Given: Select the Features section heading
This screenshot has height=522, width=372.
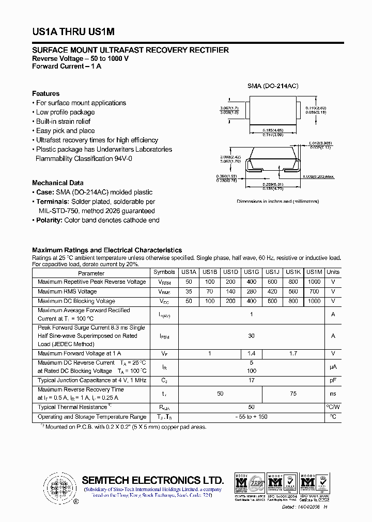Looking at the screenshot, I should pyautogui.click(x=45, y=93).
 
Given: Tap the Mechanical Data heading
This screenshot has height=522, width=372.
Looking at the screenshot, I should pyautogui.click(x=57, y=183).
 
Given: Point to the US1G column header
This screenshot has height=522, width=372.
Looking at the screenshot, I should pyautogui.click(x=251, y=272).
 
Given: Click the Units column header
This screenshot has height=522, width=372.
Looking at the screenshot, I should pyautogui.click(x=333, y=272).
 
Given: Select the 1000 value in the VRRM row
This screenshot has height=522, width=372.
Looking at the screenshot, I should pyautogui.click(x=314, y=282).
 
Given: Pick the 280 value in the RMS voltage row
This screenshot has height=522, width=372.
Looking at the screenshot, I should pyautogui.click(x=251, y=291).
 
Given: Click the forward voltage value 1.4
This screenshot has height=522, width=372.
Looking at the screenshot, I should pyautogui.click(x=251, y=353).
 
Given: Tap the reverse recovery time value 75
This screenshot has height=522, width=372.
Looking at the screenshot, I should pyautogui.click(x=293, y=394).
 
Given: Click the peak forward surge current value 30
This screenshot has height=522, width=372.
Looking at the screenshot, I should pyautogui.click(x=251, y=336).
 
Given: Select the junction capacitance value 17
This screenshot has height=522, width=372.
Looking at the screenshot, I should pyautogui.click(x=251, y=380).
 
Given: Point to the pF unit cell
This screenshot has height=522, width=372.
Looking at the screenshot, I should pyautogui.click(x=333, y=380).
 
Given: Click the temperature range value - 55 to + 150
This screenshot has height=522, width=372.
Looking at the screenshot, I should pyautogui.click(x=251, y=417).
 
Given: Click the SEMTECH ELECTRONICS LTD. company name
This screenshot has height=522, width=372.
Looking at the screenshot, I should pyautogui.click(x=152, y=480).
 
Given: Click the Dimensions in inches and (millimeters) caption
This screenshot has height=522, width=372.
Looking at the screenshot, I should pyautogui.click(x=277, y=201).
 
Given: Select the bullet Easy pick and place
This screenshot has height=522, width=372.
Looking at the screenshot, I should pyautogui.click(x=65, y=130).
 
